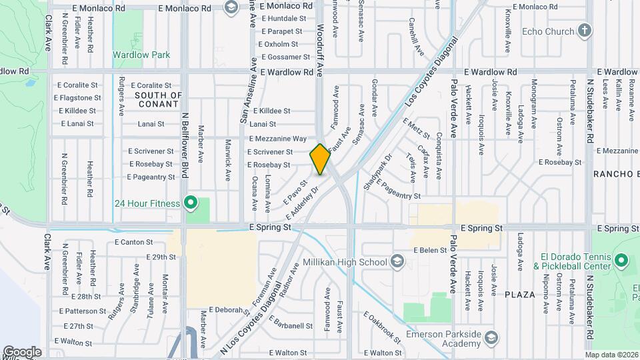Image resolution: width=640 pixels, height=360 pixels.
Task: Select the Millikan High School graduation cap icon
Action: (398, 261)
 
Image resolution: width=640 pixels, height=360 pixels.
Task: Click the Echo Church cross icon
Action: (585, 31)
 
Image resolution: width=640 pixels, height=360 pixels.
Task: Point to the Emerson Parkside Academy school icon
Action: (491, 338)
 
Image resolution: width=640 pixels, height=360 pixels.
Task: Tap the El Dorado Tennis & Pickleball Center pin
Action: (621, 261)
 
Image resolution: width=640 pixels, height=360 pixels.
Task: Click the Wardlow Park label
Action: (141, 55)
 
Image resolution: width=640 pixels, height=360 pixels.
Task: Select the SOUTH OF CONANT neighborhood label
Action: (158, 99)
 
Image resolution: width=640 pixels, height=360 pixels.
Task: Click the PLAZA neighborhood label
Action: (520, 295)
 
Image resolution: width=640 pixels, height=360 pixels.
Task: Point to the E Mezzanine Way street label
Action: (277, 139)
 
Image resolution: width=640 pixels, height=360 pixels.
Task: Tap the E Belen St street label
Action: (429, 250)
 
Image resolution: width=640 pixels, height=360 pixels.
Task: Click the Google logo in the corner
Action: (22, 351)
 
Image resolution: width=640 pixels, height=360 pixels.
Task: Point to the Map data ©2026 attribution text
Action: (611, 355)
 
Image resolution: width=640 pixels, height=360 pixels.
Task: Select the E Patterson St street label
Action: (82, 311)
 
